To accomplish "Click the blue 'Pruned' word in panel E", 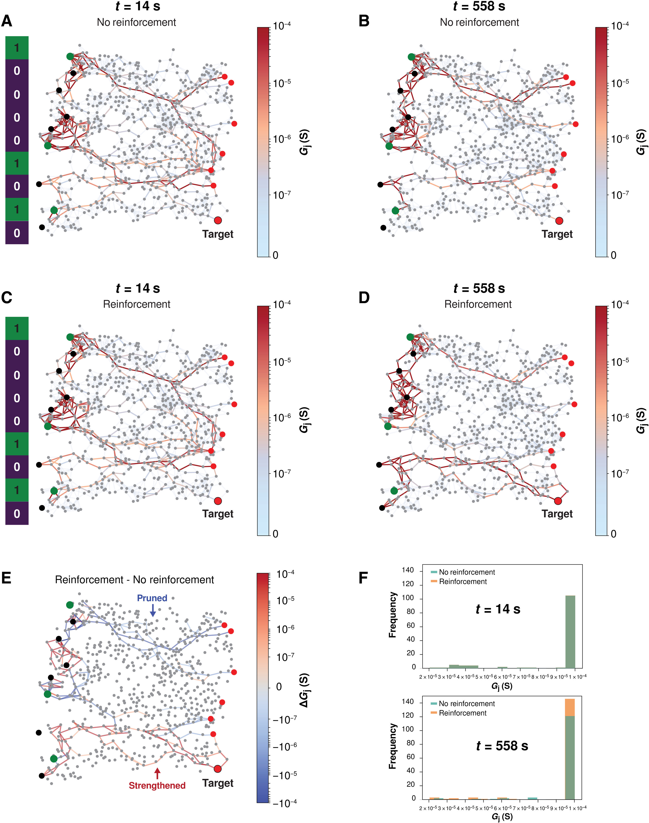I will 152,598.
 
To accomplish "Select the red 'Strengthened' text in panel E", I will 157,785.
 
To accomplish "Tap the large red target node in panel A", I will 218,220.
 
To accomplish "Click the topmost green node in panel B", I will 411,57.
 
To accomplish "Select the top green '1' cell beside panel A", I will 17,48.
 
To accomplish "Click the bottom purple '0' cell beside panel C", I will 17,513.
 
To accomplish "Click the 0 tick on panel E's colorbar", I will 278,687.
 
